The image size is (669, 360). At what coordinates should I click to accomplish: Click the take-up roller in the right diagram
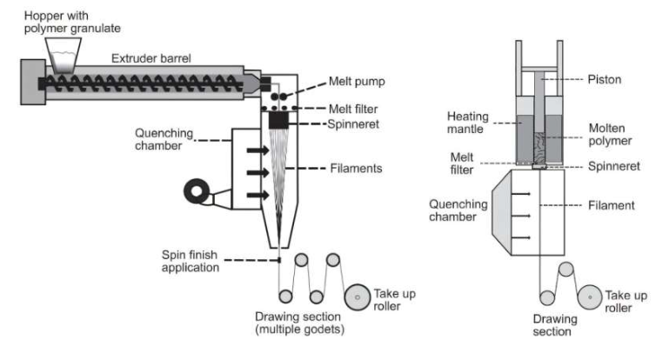[x=591, y=297]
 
